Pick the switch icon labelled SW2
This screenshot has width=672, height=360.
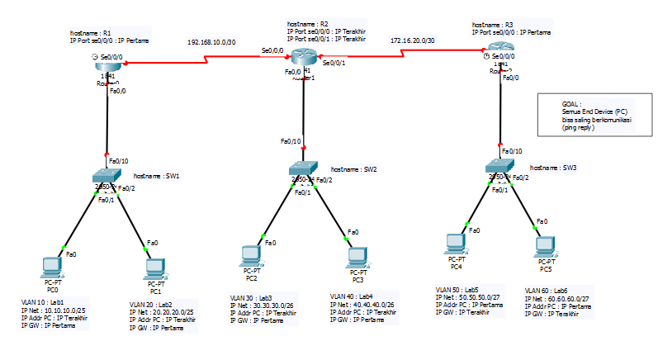tap(303, 169)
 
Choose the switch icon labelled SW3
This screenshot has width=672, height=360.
tap(499, 167)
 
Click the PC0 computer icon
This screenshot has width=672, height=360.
tap(52, 268)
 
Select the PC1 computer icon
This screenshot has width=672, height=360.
tap(153, 268)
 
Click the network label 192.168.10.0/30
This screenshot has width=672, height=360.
tap(211, 40)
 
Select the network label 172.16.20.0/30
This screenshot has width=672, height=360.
tap(413, 39)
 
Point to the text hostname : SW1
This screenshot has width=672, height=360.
tap(156, 176)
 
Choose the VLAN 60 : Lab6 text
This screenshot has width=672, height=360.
tap(547, 291)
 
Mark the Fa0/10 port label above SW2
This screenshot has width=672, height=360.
tap(291, 141)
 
